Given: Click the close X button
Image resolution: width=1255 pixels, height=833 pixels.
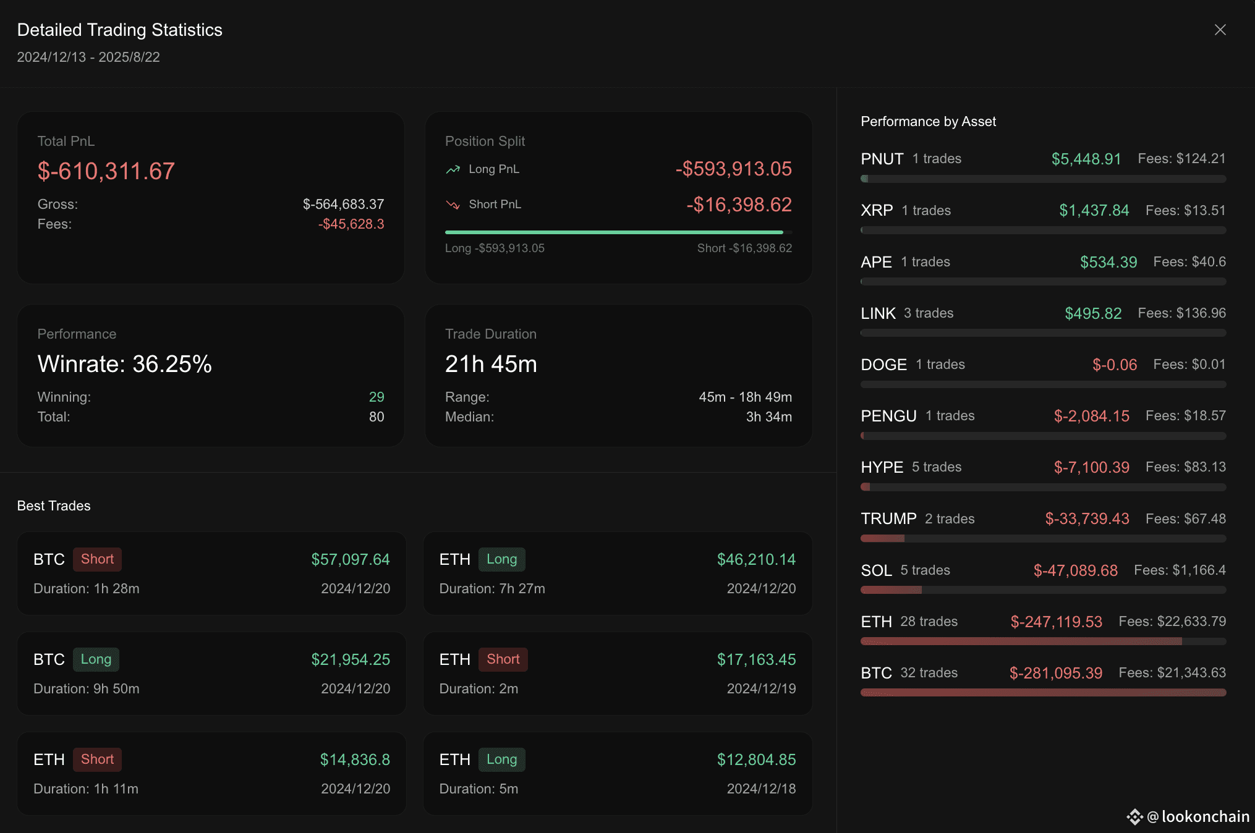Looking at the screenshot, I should point(1220,30).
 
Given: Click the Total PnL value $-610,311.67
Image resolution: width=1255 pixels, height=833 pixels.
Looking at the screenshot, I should point(106,171).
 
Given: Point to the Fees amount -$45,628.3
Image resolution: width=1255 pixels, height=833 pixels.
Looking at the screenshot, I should point(351,224).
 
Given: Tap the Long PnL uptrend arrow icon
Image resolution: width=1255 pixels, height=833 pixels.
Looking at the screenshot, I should point(453,169).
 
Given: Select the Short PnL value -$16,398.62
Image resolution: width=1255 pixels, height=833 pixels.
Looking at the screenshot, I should point(739,205).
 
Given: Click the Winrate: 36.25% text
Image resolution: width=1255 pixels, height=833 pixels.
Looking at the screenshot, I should point(124,364).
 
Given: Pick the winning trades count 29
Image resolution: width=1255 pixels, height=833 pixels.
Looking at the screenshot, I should point(376,397).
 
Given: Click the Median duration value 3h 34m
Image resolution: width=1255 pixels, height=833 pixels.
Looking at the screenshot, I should point(768,417).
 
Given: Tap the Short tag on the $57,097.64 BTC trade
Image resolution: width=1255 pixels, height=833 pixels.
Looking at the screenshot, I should point(97,559).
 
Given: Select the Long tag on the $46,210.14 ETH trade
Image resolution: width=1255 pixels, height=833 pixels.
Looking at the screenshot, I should point(501,559).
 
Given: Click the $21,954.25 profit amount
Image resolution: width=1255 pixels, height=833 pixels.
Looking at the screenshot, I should point(351,659).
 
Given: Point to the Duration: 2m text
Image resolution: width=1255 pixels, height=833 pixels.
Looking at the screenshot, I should point(479,688).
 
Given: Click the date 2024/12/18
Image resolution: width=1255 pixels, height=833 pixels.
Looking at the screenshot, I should point(761,789).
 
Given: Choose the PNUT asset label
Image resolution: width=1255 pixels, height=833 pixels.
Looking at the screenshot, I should point(882,159).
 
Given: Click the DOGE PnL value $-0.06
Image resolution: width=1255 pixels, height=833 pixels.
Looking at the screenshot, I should point(1114,365).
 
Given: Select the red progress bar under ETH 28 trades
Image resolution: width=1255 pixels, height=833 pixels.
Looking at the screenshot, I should point(1021,641).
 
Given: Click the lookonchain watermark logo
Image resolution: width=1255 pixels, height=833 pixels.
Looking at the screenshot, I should point(1134,817).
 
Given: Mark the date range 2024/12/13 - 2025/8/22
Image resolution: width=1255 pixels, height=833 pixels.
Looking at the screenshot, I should point(88,57).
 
